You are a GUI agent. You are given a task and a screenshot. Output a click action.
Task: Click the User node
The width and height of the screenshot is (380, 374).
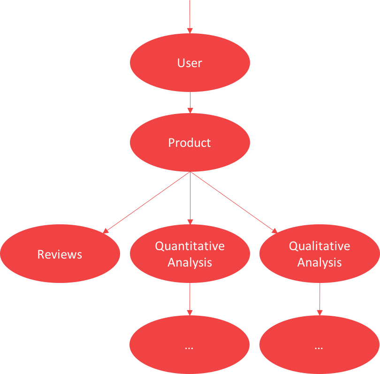(x=190, y=62)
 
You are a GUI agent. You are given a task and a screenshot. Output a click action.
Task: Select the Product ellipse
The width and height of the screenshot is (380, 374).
(x=190, y=142)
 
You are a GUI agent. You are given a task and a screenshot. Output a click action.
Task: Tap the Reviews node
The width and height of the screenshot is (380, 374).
(x=60, y=253)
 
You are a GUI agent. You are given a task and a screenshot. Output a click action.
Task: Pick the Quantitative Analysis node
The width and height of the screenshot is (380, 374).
(x=190, y=253)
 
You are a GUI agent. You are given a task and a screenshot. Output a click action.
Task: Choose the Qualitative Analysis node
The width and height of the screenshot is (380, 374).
(x=319, y=253)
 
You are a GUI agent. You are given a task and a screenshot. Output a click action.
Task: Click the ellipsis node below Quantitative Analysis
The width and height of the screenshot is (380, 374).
(x=190, y=344)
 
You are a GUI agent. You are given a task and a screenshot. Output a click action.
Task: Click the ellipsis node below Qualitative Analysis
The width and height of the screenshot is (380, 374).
(x=319, y=344)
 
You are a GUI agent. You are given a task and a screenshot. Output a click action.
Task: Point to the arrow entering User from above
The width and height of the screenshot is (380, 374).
(x=190, y=17)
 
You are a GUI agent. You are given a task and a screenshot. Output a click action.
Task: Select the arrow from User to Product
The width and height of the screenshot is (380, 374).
(x=190, y=102)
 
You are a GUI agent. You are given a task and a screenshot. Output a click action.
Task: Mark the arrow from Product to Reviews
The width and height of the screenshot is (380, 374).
(x=146, y=203)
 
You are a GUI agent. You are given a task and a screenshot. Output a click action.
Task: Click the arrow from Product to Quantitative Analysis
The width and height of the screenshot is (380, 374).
(x=190, y=198)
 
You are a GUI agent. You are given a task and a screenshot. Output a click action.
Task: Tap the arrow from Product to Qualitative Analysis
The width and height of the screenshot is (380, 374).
(x=234, y=202)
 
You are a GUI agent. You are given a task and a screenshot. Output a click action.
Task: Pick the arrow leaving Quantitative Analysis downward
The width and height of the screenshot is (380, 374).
(x=190, y=299)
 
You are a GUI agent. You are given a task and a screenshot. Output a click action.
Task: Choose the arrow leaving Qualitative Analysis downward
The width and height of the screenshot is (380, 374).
(x=319, y=299)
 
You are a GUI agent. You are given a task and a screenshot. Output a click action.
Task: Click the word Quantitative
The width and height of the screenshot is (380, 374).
(x=190, y=246)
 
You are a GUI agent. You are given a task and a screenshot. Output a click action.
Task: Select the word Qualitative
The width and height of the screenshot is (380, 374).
(x=319, y=246)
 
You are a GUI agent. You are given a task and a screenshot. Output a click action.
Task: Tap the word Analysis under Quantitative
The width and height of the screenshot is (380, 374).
(x=190, y=262)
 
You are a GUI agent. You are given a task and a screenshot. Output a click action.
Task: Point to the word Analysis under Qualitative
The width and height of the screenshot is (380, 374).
(x=319, y=262)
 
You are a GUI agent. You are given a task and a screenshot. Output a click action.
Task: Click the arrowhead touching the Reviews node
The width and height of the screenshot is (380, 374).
(x=106, y=231)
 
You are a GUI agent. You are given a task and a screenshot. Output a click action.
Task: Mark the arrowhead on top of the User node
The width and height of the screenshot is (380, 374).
(x=190, y=31)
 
